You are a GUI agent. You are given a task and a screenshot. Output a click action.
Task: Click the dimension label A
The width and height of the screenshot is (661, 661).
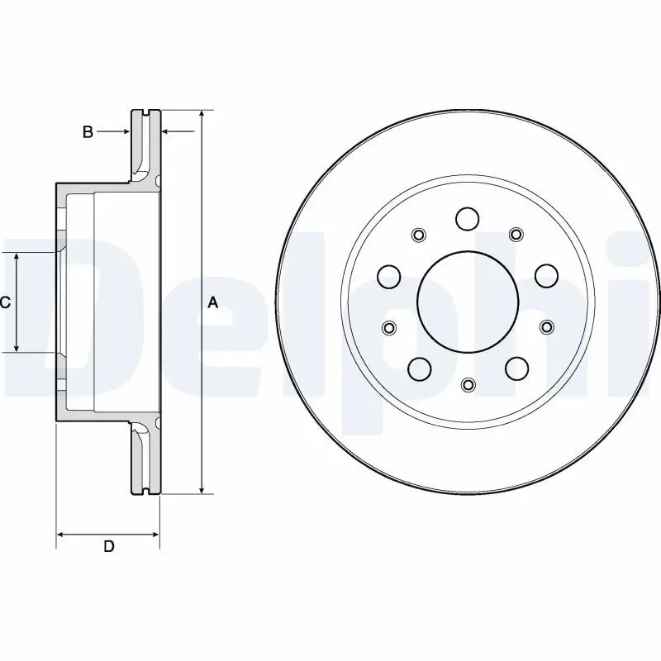tap(212, 303)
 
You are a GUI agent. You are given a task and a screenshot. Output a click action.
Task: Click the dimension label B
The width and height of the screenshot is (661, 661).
tap(88, 131)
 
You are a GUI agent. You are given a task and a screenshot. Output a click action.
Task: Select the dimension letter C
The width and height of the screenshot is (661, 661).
tap(5, 303)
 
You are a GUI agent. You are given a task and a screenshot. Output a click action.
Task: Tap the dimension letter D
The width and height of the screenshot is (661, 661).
tap(108, 546)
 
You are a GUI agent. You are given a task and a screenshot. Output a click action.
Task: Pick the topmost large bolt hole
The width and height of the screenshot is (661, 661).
tap(468, 219)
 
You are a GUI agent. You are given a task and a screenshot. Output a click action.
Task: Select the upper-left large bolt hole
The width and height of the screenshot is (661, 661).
tap(389, 275)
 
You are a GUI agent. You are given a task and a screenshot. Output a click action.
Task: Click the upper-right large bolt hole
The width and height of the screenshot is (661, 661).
tap(545, 274)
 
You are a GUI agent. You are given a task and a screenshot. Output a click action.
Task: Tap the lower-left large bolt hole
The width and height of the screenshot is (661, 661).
tap(419, 367)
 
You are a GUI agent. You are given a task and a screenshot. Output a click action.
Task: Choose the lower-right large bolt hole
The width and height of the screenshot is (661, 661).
tap(516, 367)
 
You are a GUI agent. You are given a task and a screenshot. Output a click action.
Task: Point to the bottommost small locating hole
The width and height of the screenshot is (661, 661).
tap(468, 384)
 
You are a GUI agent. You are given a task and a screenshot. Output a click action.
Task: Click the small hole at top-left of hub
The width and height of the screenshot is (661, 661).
tap(419, 234)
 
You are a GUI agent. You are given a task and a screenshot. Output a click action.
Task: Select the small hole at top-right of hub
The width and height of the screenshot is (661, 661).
tap(516, 234)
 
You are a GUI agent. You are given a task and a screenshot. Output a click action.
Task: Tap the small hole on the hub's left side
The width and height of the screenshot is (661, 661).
tap(389, 327)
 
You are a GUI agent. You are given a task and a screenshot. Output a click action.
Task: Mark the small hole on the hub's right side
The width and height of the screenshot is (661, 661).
tap(546, 327)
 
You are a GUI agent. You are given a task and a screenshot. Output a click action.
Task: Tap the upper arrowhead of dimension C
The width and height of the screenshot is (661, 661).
tap(17, 259)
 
